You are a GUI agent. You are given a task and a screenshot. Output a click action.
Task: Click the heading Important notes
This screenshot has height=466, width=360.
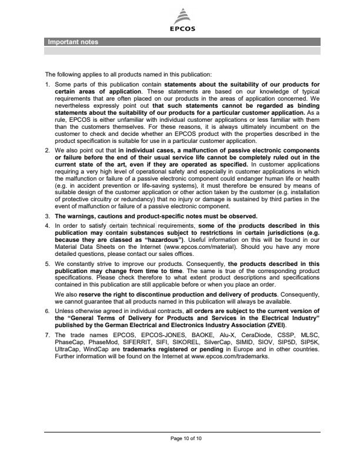click(73, 42)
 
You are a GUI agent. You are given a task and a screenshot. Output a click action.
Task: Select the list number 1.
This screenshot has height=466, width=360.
click(48, 85)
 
